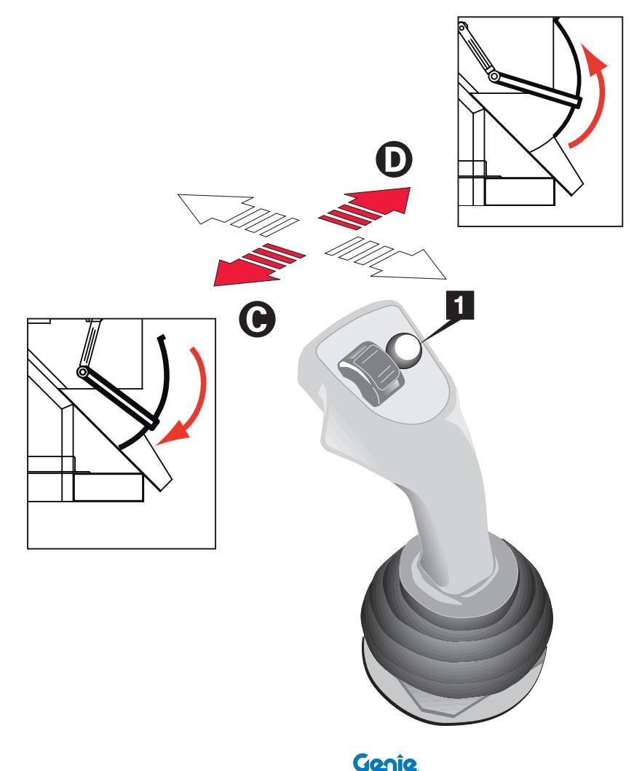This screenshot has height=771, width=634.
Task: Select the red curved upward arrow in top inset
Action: click(589, 102)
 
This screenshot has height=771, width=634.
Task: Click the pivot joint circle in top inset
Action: click(494, 76)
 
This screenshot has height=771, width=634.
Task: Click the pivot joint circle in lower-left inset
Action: click(84, 373)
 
